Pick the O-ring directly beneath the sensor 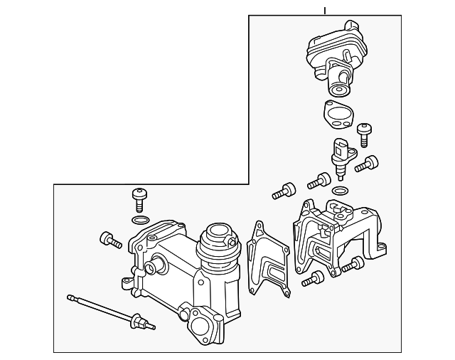click(341, 191)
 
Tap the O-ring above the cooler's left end click(141, 218)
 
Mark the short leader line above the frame click(324, 11)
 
